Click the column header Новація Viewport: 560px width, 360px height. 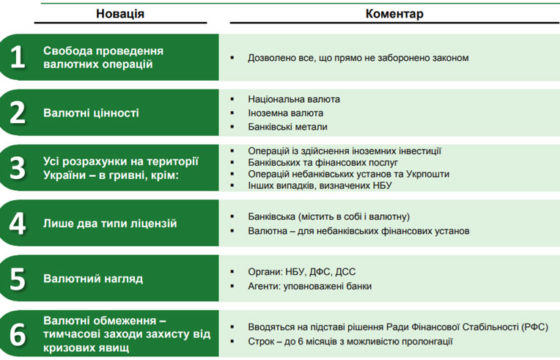tap(120, 14)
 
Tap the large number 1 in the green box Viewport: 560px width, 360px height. tap(16, 57)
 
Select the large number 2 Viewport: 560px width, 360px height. tap(16, 113)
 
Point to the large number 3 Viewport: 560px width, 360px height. tap(16, 167)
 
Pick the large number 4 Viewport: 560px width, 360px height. tap(16, 222)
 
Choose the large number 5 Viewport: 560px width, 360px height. tap(16, 277)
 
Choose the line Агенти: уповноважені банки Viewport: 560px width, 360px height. tap(313, 285)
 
